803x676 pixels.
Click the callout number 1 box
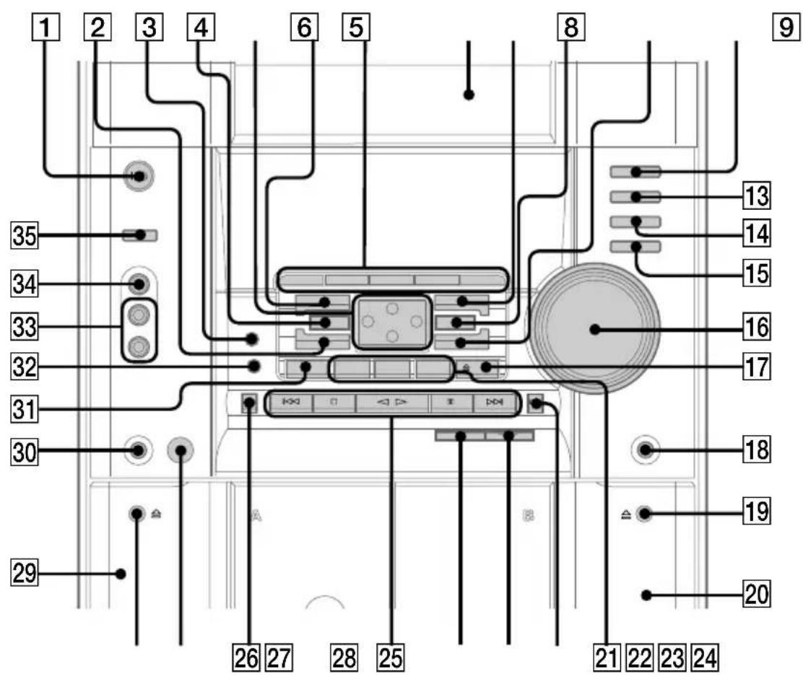pos(46,27)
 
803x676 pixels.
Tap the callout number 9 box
pos(786,27)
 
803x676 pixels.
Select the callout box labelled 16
pos(756,328)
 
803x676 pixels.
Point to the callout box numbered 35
pos(25,236)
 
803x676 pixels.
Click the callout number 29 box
pos(25,573)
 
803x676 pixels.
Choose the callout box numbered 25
pos(390,657)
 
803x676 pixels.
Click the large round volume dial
pos(594,328)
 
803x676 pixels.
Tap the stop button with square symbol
pos(334,403)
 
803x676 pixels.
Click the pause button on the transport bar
pos(451,403)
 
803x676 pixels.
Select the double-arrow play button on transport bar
pos(392,403)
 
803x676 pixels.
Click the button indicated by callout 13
pos(635,197)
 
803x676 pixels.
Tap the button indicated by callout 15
pos(635,247)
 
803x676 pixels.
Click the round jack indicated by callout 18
pos(646,450)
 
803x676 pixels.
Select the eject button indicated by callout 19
pos(643,513)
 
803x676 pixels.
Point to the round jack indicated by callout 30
pos(138,450)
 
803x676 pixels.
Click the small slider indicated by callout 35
pos(140,235)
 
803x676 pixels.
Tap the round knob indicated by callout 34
pos(138,284)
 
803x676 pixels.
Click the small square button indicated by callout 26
pos(249,403)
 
